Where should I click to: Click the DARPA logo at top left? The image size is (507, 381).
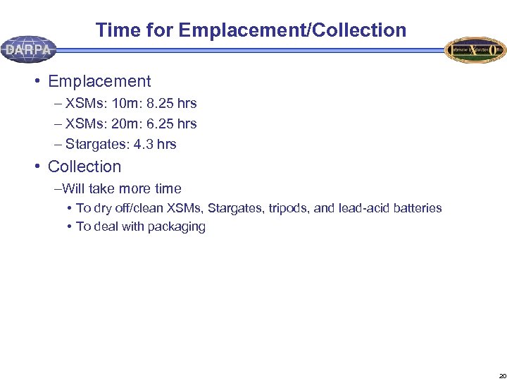pyautogui.click(x=28, y=49)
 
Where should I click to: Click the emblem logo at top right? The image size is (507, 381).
pyautogui.click(x=475, y=50)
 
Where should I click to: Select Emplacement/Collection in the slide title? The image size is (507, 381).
pyautogui.click(x=292, y=30)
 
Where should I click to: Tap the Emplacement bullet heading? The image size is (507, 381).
pyautogui.click(x=99, y=81)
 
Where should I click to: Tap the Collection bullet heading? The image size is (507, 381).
pyautogui.click(x=84, y=167)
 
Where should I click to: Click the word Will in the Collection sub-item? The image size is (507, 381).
pyautogui.click(x=74, y=188)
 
